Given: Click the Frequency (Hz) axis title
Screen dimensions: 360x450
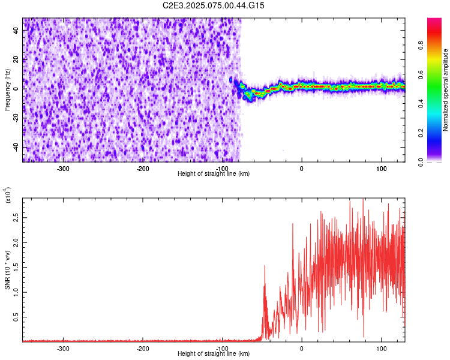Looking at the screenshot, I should pos(7,90).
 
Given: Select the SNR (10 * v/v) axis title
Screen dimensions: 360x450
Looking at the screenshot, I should pos(7,269).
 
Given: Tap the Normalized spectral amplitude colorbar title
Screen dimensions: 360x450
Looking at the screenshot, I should pos(446,90).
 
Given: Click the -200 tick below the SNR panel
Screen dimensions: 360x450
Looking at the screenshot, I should pos(143,348).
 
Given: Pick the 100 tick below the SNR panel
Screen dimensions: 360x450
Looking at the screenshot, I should pos(380,348).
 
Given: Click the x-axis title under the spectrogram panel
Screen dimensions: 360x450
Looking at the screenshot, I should pos(214,174).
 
